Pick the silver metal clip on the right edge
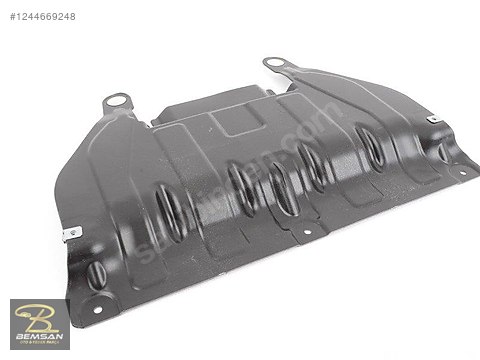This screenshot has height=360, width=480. coord(432,120)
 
